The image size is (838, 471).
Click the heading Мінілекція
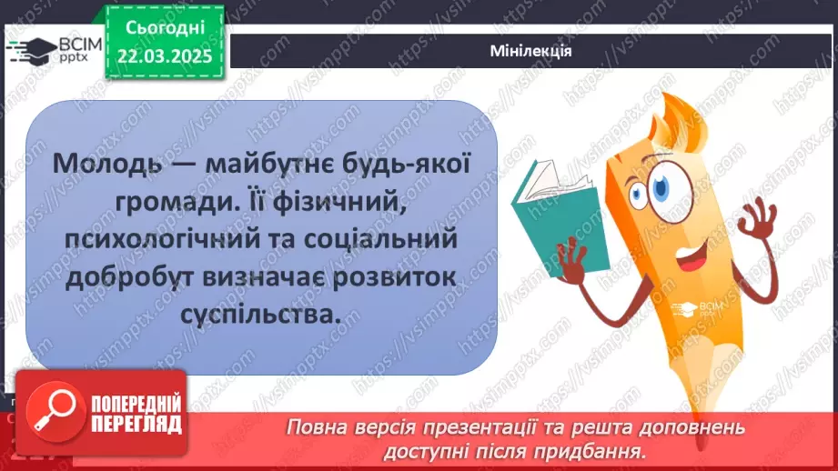click(530, 51)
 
